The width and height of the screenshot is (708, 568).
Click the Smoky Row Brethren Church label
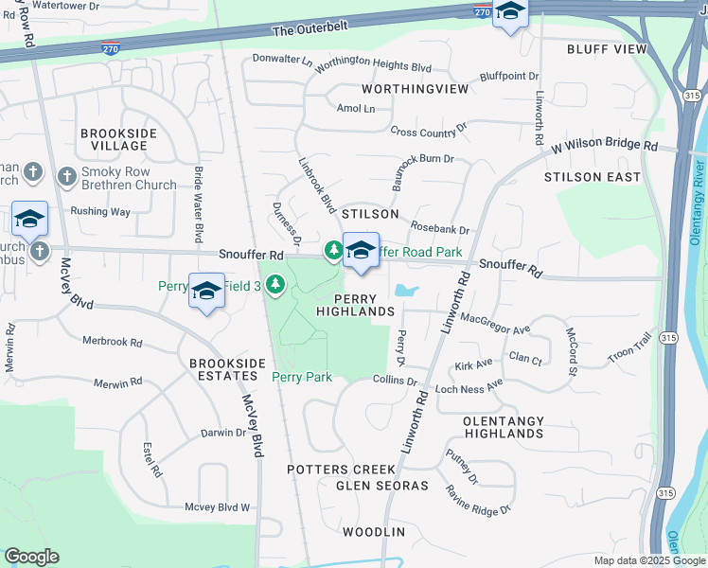129,178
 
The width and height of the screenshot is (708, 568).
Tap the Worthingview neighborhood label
415,88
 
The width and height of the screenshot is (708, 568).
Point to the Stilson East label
593,177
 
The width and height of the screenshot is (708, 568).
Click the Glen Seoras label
381,486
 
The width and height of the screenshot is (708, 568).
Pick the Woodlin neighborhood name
374,532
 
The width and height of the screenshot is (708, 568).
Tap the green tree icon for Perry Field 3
275,283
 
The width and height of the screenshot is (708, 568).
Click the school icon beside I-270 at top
510,13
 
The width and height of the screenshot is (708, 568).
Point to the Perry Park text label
302,377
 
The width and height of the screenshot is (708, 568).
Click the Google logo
31,557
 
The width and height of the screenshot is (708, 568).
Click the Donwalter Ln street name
282,60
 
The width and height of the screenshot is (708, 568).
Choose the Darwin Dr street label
223,433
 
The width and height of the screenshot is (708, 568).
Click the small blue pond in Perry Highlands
406,290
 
